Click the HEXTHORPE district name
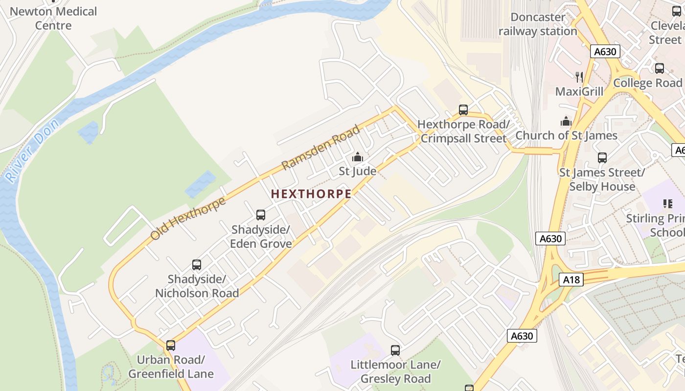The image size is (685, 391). tap(311, 194)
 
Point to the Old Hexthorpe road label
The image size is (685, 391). tap(188, 218)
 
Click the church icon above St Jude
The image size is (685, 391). tap(358, 157)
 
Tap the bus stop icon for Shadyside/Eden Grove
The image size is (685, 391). tap(261, 215)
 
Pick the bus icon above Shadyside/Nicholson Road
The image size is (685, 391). tap(197, 265)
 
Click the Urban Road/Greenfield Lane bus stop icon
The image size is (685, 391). tap(171, 345)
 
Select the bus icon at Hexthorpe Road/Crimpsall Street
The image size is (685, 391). tap(463, 110)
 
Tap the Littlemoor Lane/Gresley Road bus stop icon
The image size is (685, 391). tap(395, 350)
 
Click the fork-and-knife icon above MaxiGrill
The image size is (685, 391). tap(580, 77)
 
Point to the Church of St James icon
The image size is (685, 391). tap(566, 121)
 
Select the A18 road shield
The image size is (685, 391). tap(571, 280)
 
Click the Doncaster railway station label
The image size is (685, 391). tap(538, 24)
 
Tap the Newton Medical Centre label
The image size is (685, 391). tap(53, 18)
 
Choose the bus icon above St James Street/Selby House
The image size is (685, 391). tap(602, 158)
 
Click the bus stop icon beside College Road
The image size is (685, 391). tap(660, 68)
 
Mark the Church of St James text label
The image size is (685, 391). tap(566, 135)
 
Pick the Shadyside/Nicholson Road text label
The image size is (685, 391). tap(197, 286)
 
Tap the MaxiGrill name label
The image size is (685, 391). tap(579, 91)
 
